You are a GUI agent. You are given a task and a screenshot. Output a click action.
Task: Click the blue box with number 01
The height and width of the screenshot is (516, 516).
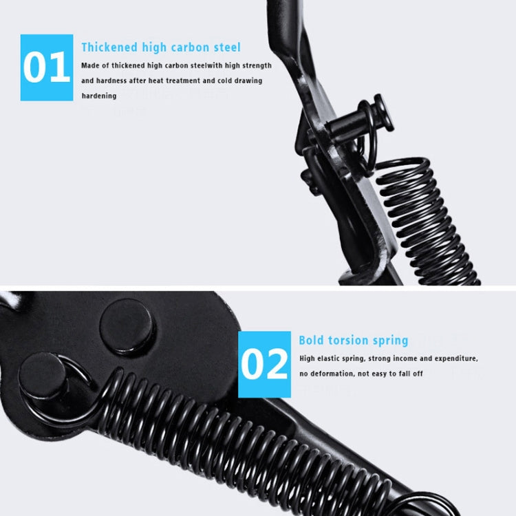(x=47, y=67)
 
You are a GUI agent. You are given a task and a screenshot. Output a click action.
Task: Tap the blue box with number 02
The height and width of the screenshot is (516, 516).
(x=265, y=364)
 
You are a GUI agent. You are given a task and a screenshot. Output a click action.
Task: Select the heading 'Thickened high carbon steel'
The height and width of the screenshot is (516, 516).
(x=161, y=47)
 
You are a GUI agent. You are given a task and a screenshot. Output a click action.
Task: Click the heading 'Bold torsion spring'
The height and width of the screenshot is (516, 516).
(x=353, y=340)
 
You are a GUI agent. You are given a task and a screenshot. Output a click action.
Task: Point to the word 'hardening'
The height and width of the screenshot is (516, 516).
(x=99, y=96)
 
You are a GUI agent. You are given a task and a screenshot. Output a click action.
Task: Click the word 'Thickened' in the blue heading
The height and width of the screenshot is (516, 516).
(x=110, y=47)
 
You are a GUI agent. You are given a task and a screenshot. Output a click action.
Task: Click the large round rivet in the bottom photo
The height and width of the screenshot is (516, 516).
(x=127, y=327)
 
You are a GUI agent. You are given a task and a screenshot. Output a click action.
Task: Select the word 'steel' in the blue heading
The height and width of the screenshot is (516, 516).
(x=226, y=47)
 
